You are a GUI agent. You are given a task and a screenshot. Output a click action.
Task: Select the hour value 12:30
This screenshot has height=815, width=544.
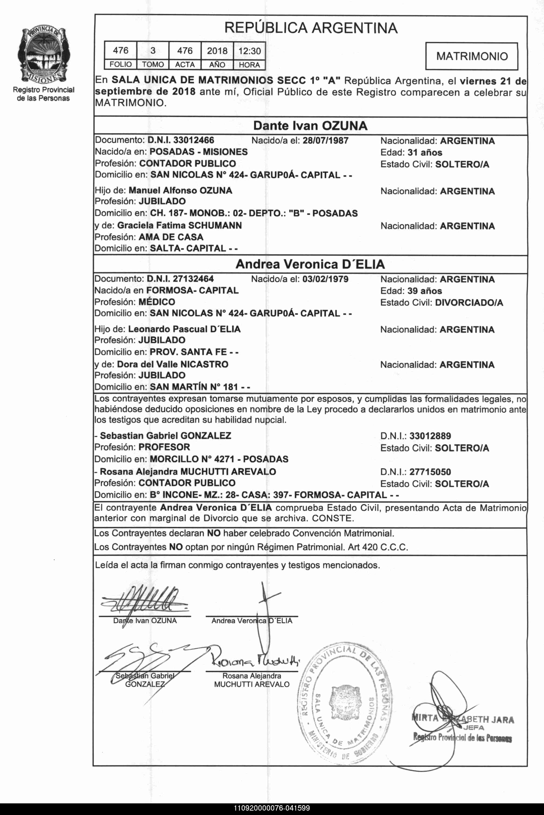[250, 51]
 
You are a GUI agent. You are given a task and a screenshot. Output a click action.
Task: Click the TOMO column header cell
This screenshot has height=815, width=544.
[153, 64]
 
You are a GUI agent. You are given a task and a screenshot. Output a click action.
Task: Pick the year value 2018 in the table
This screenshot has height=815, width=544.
[217, 51]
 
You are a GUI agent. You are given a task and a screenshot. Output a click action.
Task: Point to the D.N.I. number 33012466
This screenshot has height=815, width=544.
[194, 140]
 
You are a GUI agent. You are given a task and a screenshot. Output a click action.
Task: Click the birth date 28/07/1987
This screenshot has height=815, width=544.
[325, 140]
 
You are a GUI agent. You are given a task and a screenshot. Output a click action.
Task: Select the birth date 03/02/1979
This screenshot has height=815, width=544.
[325, 279]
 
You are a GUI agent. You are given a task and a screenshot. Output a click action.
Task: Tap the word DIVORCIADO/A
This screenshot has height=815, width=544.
[469, 303]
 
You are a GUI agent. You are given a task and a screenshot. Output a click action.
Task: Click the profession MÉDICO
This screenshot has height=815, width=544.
[157, 302]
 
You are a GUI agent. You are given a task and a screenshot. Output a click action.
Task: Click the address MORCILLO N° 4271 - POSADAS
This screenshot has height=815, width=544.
[219, 459]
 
